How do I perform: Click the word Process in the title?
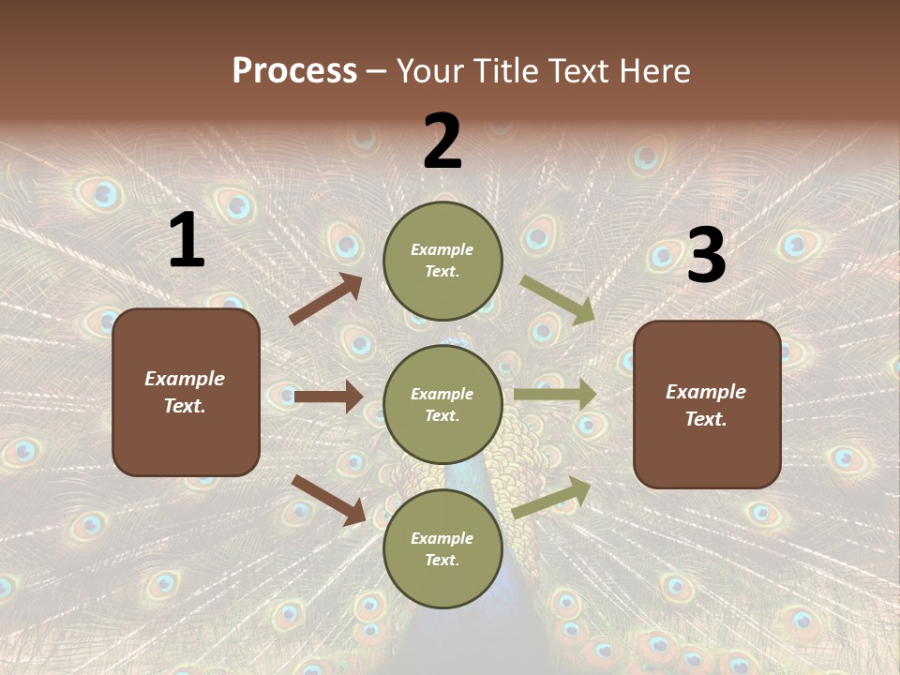pos(294,71)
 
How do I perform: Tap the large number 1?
pos(187,241)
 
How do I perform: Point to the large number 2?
pos(442,142)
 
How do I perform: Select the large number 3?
pos(706,255)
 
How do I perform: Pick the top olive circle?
pos(442,261)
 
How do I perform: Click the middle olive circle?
pos(442,404)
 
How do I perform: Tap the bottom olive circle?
pos(442,548)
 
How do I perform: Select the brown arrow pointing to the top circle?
pos(326,300)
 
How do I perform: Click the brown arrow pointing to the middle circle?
pos(328,397)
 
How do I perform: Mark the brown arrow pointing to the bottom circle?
pos(328,500)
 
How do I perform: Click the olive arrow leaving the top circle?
pos(558,300)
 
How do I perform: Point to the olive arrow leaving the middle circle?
pos(555,395)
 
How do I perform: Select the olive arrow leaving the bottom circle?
pos(552,497)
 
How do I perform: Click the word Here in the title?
pos(654,71)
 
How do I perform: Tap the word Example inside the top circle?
pos(442,250)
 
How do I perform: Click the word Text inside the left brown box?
pos(184,407)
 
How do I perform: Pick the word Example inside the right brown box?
pos(706,392)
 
